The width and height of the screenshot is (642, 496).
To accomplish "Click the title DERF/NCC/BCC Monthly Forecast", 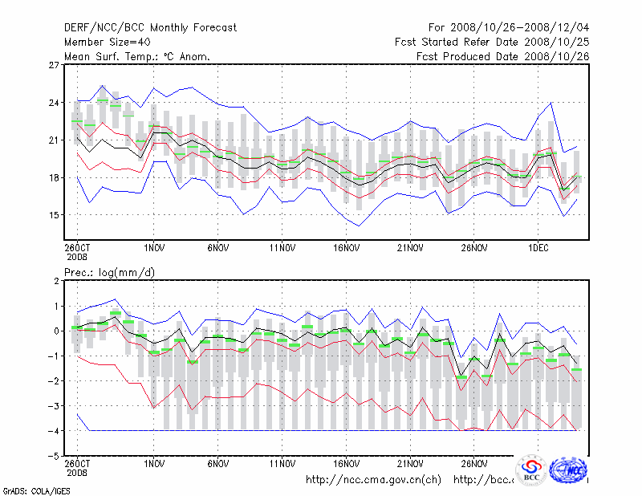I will tap(150, 27).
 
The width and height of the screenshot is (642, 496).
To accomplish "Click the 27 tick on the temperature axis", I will tap(55, 65).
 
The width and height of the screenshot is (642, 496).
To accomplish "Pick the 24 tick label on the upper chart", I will tap(55, 103).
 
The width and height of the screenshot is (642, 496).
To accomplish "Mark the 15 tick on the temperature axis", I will tap(55, 215).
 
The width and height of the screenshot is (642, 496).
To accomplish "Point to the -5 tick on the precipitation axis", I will tap(55, 456).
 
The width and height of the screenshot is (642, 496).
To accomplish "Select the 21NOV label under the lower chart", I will tap(410, 463).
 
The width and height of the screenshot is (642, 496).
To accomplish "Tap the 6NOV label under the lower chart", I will tap(218, 463).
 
